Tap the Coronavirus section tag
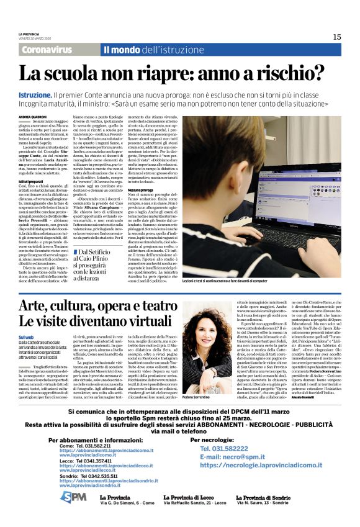pyautogui.click(x=47, y=50)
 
